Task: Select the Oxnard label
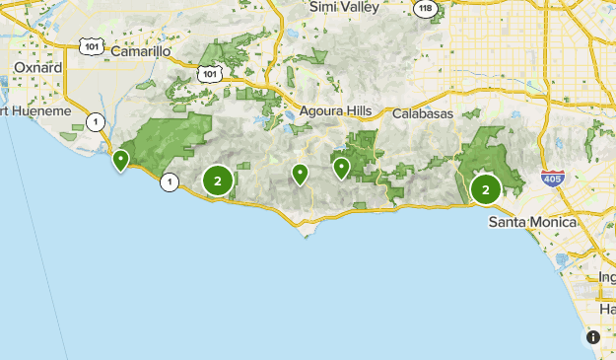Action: click(x=37, y=67)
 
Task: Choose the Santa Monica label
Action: click(x=532, y=223)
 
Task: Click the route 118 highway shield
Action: click(x=424, y=8)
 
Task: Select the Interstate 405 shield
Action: click(x=552, y=180)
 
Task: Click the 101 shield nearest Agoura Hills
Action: click(x=207, y=73)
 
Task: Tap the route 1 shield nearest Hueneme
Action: click(x=95, y=122)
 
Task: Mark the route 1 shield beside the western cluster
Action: click(x=170, y=181)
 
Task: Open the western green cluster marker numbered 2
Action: click(x=217, y=180)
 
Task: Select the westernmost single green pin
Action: click(x=121, y=159)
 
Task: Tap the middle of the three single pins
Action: click(x=300, y=174)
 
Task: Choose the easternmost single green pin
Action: click(x=341, y=168)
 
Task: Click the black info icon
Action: click(x=592, y=337)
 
